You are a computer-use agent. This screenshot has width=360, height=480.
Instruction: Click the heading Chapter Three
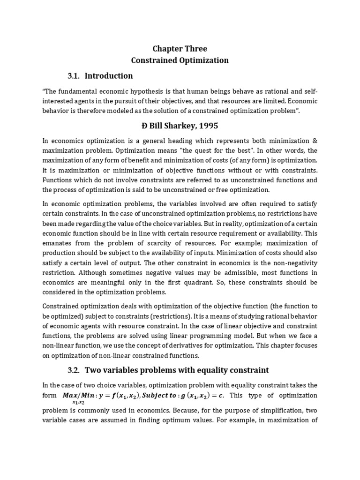pos(180,49)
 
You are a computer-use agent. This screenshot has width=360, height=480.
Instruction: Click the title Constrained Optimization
pos(180,60)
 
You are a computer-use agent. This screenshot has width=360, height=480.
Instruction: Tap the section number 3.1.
pos(74,75)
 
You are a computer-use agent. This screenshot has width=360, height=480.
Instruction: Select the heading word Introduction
pos(109,75)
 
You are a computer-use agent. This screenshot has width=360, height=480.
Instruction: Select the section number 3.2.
pos(74,370)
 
